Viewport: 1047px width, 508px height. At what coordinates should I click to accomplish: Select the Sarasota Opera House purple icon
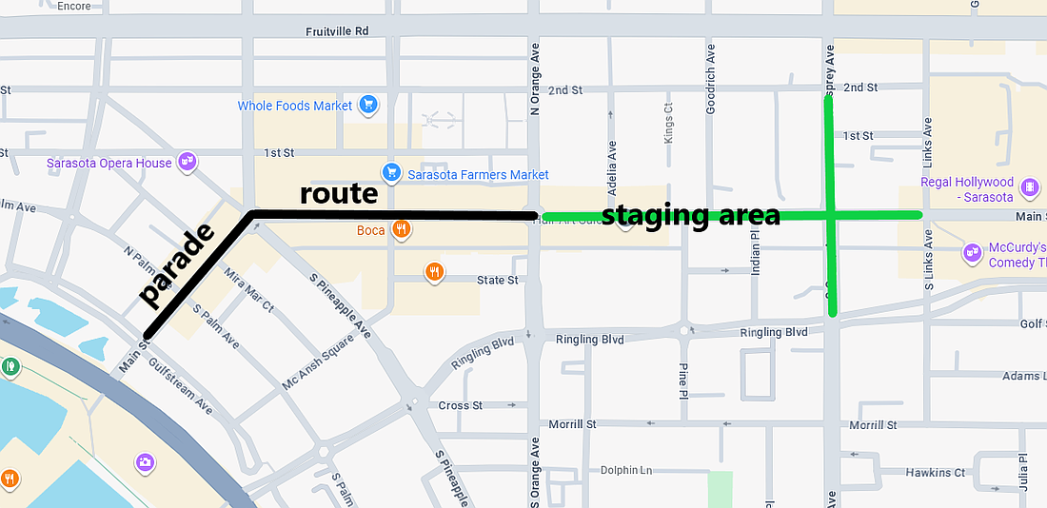pos(188,163)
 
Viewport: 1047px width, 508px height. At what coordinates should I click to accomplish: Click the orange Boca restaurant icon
pos(404,229)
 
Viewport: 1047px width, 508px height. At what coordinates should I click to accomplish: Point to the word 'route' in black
pos(339,194)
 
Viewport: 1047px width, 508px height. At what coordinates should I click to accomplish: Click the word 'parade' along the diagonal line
pos(177,265)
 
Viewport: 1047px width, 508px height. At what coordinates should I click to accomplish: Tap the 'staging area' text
pos(691,215)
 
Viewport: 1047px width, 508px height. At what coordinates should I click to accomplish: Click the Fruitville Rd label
pos(337,30)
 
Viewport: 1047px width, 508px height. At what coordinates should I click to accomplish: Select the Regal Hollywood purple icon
pos(1029,186)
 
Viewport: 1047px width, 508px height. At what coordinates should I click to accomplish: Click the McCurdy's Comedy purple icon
pos(972,253)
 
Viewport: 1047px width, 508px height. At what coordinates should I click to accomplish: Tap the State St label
pos(498,280)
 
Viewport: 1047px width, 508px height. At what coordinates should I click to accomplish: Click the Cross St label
pos(461,405)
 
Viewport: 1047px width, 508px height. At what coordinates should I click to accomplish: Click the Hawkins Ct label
pos(936,473)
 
